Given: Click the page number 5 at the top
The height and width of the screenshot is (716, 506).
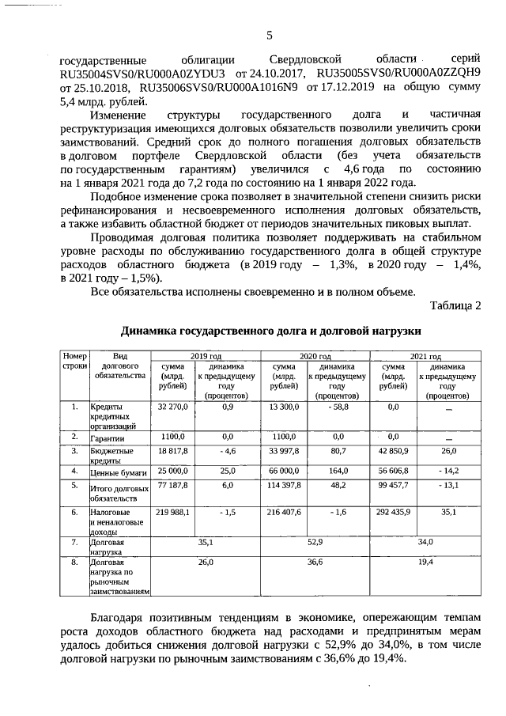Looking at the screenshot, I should (268, 35).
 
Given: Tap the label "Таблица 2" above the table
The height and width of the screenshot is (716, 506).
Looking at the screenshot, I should (455, 306).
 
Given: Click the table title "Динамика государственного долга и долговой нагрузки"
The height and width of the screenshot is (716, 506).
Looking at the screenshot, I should (270, 330).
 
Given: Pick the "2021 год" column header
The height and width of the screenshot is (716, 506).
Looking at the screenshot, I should (426, 357).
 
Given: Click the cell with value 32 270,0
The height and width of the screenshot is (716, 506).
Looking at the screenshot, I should (173, 407).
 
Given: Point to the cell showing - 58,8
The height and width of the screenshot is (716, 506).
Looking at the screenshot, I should (338, 407).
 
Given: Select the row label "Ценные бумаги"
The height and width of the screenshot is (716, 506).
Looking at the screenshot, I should (119, 472).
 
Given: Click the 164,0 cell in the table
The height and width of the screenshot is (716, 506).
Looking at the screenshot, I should (338, 471).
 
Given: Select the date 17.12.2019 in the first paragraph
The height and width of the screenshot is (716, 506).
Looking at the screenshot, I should (342, 89).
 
